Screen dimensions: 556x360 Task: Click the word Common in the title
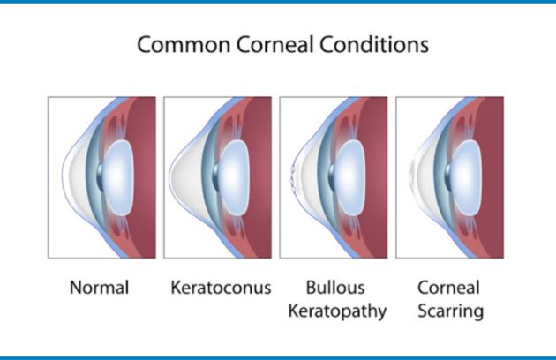point(184,45)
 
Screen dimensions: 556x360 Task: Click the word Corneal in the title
point(274,45)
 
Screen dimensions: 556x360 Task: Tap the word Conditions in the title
point(374,45)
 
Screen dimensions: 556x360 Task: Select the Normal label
point(99,288)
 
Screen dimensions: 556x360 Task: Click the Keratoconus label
point(221,288)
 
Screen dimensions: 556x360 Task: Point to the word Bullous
point(335,288)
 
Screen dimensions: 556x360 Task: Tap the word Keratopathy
point(337,311)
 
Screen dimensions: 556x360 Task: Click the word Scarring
point(451,311)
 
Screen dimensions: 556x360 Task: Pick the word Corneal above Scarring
point(448,288)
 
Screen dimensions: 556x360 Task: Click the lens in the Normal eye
point(119,177)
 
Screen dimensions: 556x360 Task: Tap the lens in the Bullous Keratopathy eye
point(350,177)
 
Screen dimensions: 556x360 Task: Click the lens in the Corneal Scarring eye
point(467,177)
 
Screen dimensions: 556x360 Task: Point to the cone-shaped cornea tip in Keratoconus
point(170,175)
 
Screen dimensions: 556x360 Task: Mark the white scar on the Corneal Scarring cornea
point(412,174)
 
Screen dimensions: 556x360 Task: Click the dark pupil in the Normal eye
point(101,177)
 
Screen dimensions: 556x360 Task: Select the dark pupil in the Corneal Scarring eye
point(448,177)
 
